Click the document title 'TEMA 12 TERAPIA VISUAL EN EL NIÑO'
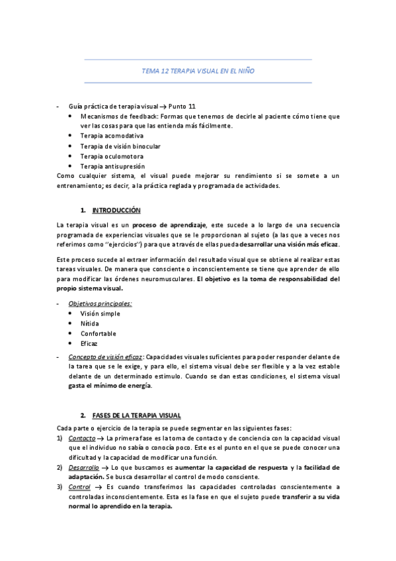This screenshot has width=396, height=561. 198,71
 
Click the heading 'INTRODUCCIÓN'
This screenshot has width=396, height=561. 116,210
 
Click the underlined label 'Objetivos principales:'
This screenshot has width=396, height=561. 100,303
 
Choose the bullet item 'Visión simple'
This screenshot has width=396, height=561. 100,314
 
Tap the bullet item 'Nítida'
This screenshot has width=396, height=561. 90,324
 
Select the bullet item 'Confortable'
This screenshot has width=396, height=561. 98,333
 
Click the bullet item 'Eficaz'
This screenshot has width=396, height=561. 89,344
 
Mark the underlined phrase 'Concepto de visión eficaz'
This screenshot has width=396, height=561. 105,357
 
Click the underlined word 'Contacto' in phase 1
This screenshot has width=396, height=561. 82,438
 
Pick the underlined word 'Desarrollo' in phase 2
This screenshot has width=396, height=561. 85,467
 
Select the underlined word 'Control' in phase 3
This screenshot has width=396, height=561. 80,487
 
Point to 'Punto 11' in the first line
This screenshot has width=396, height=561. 182,106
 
